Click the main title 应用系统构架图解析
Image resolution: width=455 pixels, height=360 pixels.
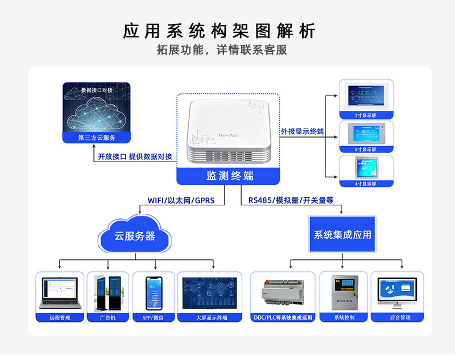(x=219, y=30)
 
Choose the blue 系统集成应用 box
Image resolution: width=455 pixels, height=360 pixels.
(x=342, y=234)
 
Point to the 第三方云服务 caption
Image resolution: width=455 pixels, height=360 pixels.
(x=96, y=138)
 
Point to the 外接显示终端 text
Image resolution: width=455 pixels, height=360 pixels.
(x=302, y=131)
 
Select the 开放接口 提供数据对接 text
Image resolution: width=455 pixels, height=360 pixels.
(x=135, y=156)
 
